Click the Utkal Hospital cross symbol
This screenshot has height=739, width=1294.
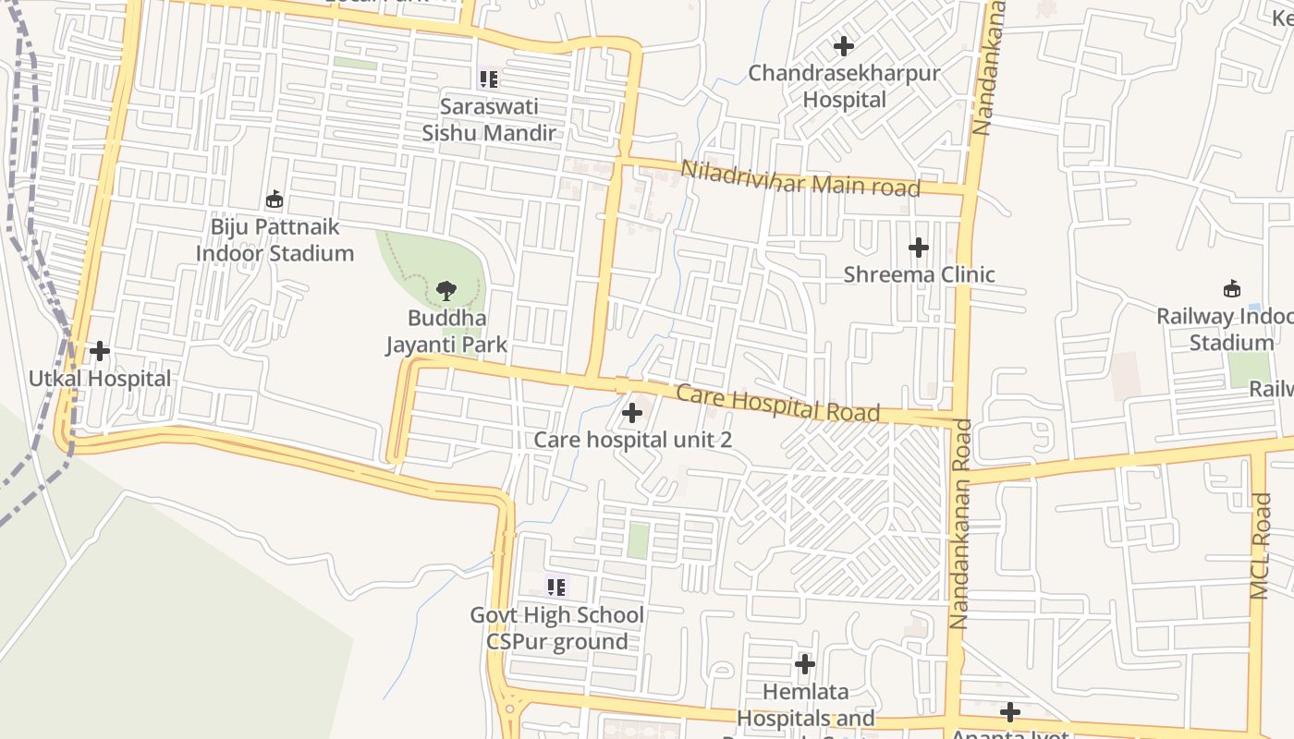tap(99, 351)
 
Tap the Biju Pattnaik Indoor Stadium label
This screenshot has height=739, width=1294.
tap(275, 240)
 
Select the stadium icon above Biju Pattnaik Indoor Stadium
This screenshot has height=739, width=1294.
tap(275, 199)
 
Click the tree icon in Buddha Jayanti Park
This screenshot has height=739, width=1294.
tap(446, 291)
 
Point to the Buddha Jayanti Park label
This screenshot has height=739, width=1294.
tap(446, 332)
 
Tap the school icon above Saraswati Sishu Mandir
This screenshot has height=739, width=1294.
tap(489, 79)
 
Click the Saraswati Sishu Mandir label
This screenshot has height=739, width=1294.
tap(489, 119)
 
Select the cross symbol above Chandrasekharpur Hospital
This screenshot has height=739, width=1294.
tap(843, 45)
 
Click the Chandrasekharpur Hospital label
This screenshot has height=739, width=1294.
tap(844, 86)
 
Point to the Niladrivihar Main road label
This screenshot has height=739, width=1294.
tap(800, 179)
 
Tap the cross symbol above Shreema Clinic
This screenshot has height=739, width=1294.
tap(918, 248)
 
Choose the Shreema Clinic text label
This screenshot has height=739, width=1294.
tap(919, 274)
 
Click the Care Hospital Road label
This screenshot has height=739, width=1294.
tap(777, 404)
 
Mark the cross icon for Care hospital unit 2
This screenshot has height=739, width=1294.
tap(632, 413)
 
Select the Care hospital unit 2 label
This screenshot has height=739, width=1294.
tap(632, 440)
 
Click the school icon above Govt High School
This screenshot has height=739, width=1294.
tap(555, 587)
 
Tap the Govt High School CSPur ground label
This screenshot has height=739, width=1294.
tap(556, 628)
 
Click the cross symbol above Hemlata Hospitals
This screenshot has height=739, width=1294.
tap(805, 663)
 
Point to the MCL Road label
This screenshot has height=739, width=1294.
tap(1261, 558)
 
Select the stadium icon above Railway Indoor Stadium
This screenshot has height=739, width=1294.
tap(1231, 289)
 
